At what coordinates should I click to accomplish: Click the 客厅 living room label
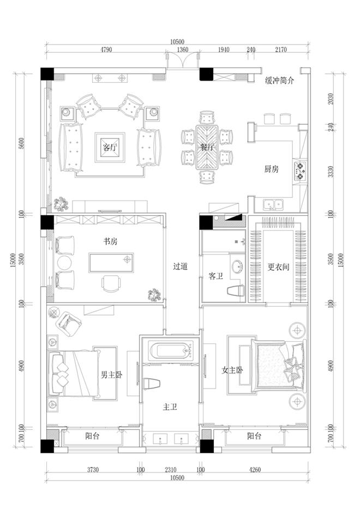pos(110,147)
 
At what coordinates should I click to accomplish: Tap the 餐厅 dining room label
pos(207,147)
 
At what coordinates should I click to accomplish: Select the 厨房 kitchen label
pos(271,169)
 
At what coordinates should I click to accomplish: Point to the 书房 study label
pos(110,241)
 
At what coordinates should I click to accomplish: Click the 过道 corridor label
pos(181,266)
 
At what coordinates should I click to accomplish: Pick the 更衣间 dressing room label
pos(278,267)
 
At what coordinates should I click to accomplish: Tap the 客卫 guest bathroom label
pos(216,276)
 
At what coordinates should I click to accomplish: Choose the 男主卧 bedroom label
pos(112,375)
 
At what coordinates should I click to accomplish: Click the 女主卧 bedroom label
pos(232,369)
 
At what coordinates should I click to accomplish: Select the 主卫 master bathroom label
pos(170,407)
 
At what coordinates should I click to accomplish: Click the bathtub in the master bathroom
pos(171,351)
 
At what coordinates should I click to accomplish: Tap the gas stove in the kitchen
pos(299,171)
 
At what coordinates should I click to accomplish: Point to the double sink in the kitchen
pos(273,205)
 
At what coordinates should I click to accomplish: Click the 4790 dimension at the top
pos(106,50)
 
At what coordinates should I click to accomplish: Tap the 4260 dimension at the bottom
pos(255,469)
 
